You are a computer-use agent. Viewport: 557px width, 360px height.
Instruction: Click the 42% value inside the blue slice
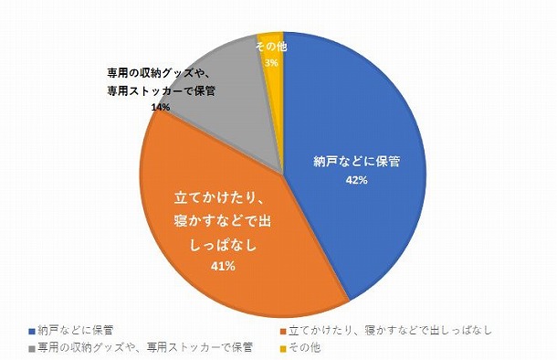(356, 180)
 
